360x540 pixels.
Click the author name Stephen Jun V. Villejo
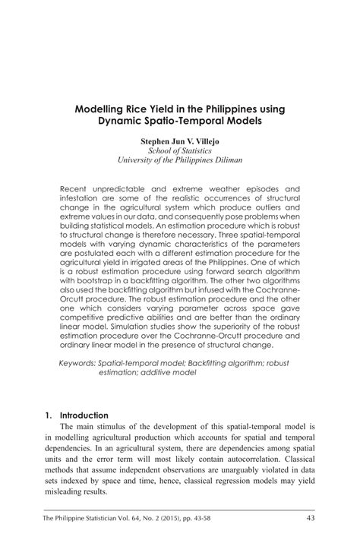pos(180,141)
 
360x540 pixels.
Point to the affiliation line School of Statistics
pos(180,151)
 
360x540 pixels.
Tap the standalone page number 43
pos(311,519)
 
